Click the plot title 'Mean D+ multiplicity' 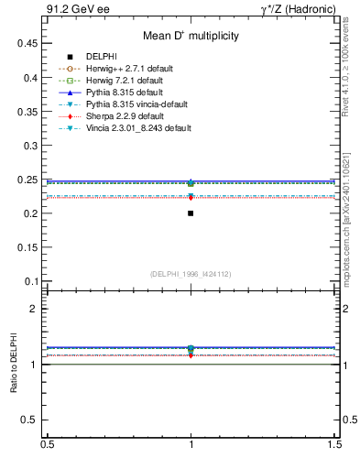pos(191,36)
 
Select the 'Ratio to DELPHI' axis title pos(14,364)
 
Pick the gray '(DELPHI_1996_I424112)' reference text pos(191,273)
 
